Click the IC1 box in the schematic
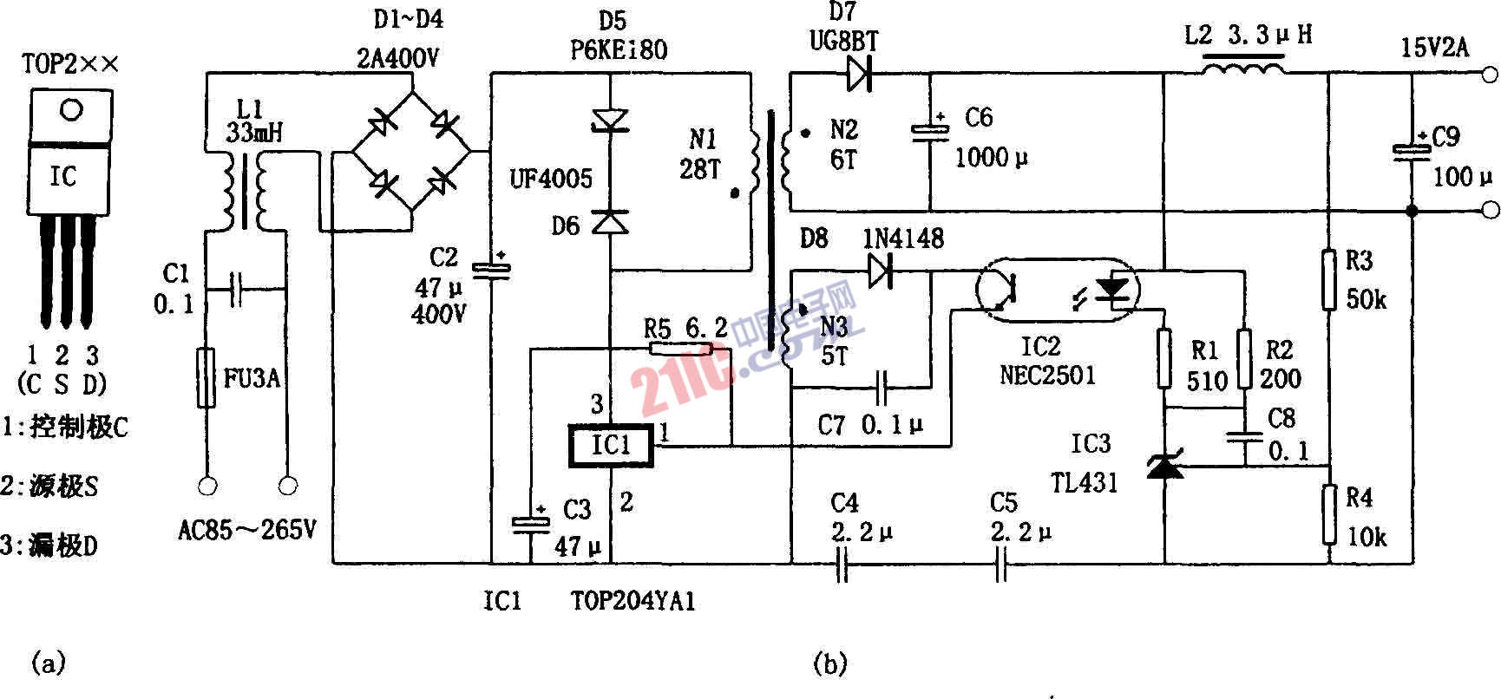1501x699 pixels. pos(611,446)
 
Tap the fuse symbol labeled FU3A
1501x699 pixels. pos(206,378)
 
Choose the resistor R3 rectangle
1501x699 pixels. pos(1328,279)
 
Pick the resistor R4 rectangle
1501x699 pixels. pos(1328,513)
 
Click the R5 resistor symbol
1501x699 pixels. pos(682,349)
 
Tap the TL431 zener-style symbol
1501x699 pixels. pos(1163,467)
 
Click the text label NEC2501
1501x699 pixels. pos(1047,376)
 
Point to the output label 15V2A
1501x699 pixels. pos(1435,48)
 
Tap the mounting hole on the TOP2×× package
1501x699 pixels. pos(71,110)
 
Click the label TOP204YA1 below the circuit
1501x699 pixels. pos(633,601)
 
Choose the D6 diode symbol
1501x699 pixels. pos(610,222)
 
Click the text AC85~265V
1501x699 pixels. pos(247,529)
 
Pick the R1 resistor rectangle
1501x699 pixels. pos(1163,358)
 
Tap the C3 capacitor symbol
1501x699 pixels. pos(530,523)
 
